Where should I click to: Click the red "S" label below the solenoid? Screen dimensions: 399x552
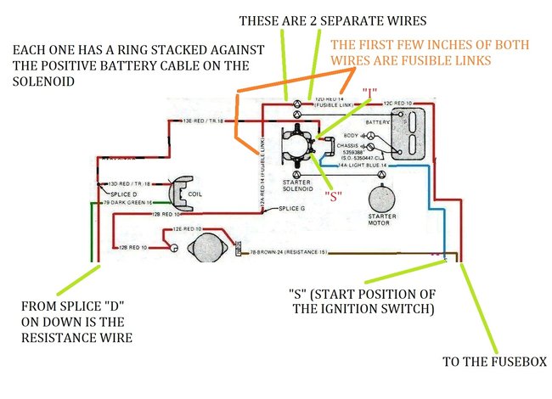click(x=335, y=194)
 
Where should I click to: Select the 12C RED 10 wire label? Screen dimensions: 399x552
click(x=398, y=103)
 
